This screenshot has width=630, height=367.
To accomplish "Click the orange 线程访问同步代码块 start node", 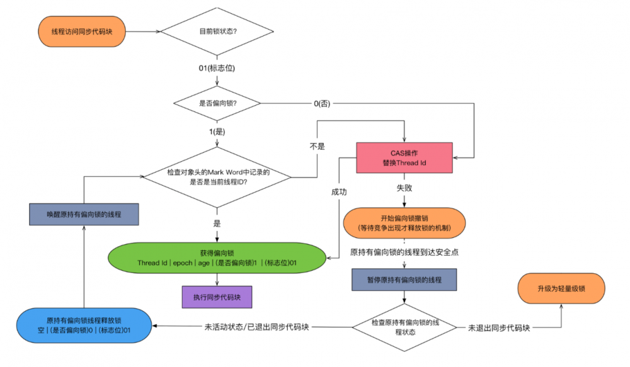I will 83,31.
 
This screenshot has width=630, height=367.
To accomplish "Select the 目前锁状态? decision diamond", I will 218,31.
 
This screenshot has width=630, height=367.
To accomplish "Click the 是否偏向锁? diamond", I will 218,103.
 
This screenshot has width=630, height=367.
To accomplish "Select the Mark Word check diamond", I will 218,177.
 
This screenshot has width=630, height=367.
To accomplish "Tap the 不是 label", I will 317,145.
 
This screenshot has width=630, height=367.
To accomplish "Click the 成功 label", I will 339,191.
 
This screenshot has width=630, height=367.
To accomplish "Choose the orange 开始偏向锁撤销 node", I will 404,222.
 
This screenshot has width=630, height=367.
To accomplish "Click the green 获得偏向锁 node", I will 218,257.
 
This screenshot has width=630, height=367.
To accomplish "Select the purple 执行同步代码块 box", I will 217,295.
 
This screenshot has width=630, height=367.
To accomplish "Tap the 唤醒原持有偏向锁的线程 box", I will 84,213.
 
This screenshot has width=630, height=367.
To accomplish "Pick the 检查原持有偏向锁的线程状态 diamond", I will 403,327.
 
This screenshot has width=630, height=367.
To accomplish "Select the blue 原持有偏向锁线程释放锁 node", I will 84,325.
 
